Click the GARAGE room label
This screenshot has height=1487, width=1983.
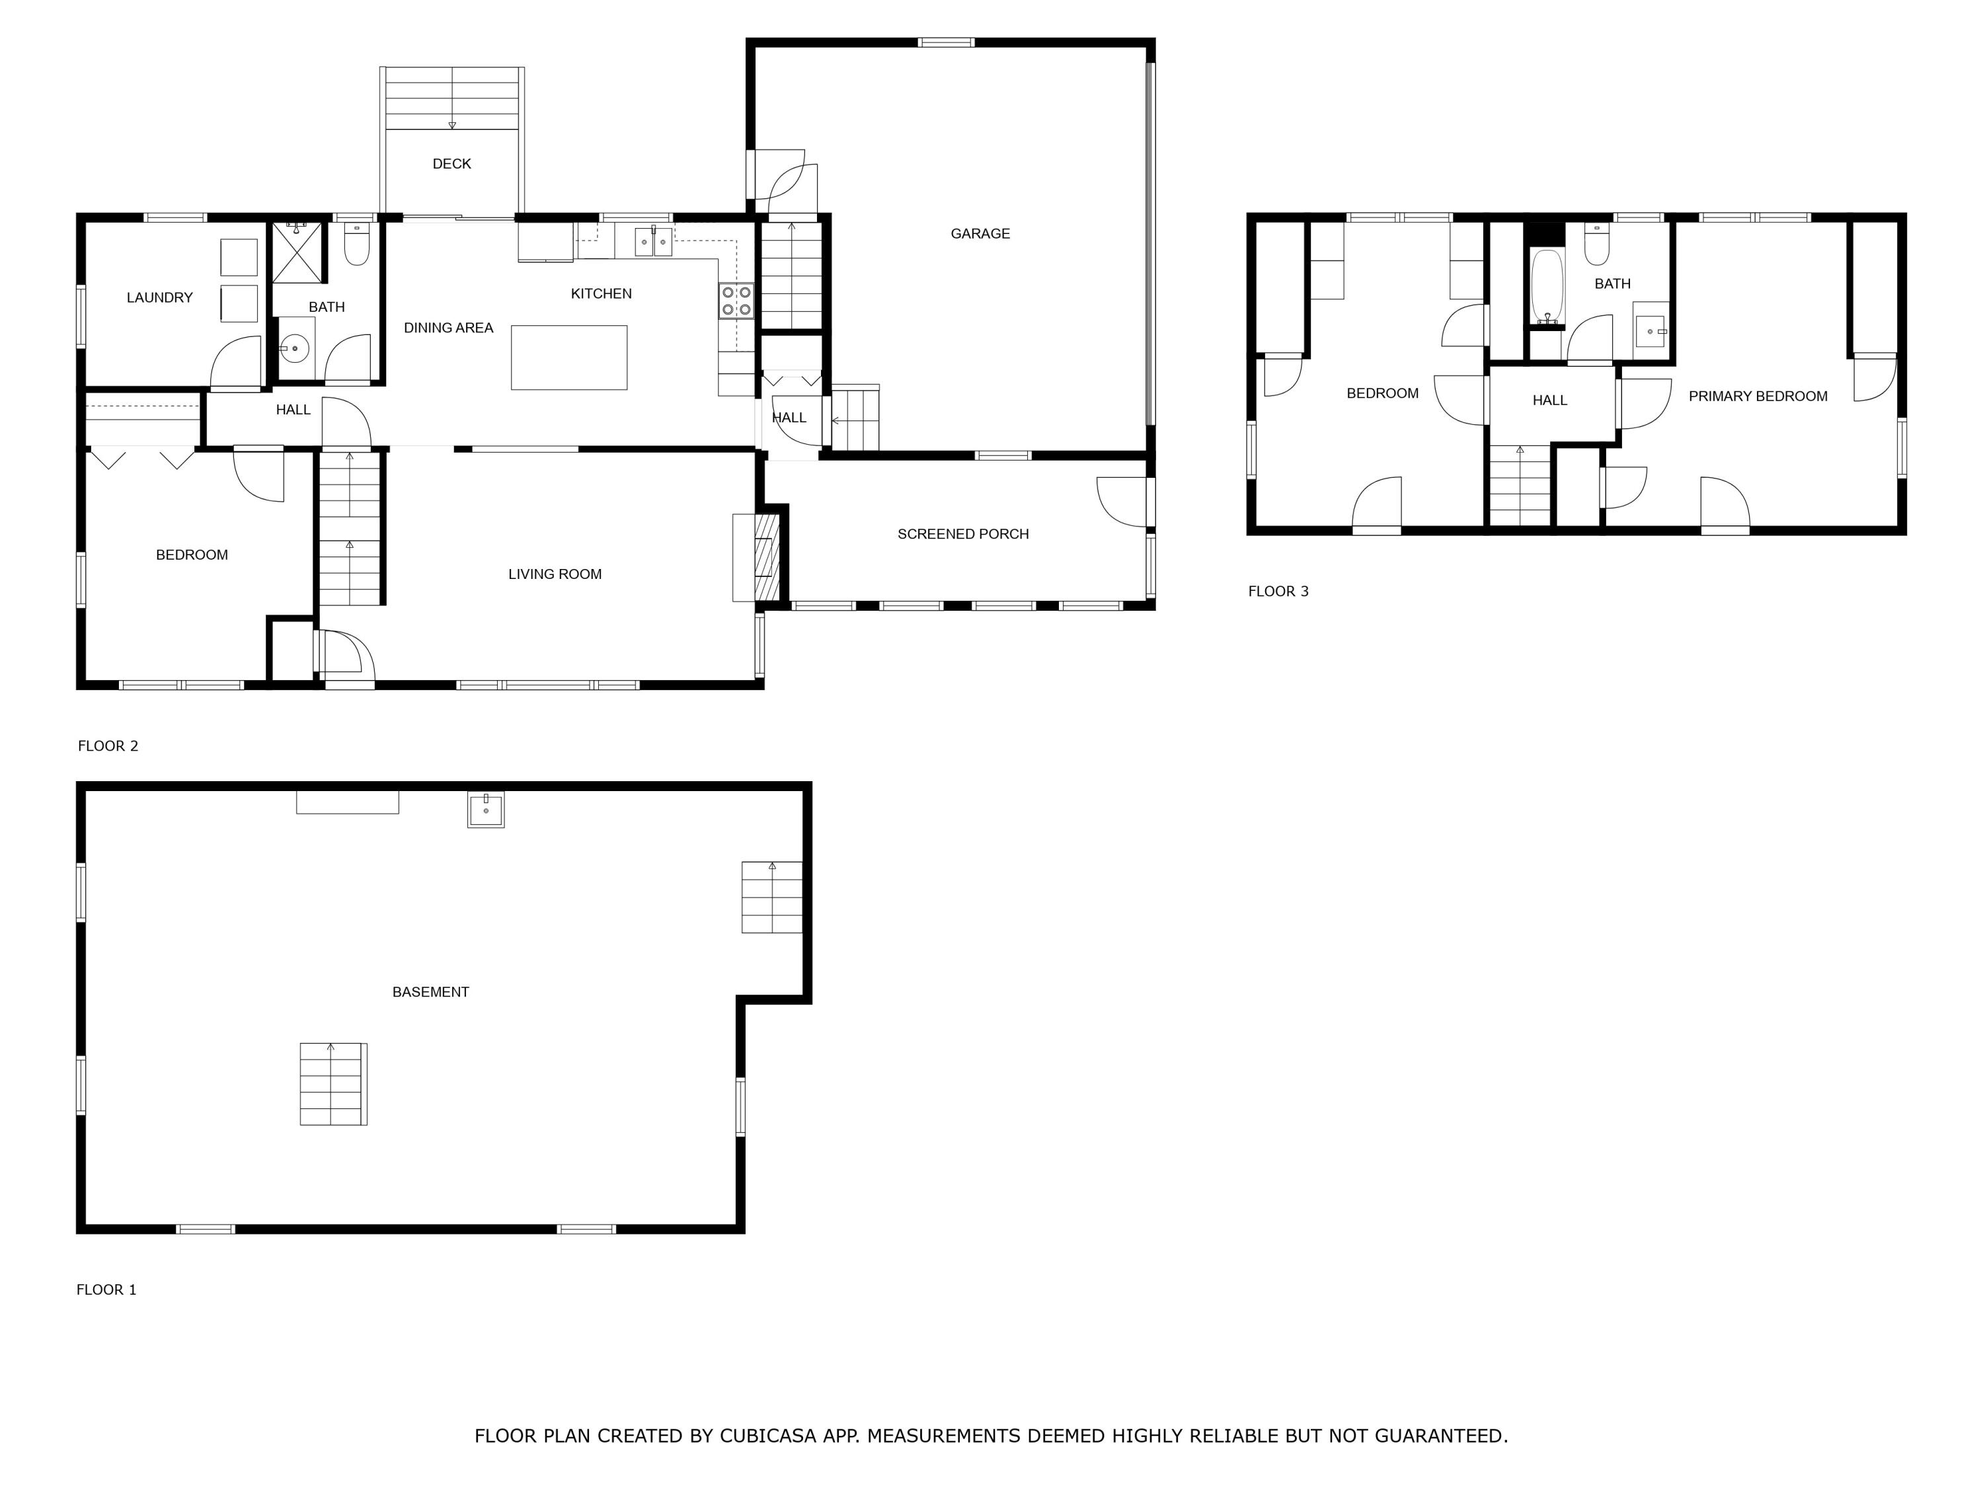pyautogui.click(x=980, y=234)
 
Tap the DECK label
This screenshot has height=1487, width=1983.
pyautogui.click(x=452, y=164)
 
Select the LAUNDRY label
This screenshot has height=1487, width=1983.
pyautogui.click(x=159, y=297)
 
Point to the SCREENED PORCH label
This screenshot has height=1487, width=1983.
pyautogui.click(x=963, y=534)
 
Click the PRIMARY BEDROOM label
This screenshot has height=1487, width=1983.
pyautogui.click(x=1758, y=396)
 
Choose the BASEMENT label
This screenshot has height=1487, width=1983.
pyautogui.click(x=430, y=992)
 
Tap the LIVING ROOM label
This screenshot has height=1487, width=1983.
pyautogui.click(x=555, y=574)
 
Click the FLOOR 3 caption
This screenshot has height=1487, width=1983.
pyautogui.click(x=1278, y=591)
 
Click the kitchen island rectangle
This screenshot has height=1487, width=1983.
pyautogui.click(x=569, y=358)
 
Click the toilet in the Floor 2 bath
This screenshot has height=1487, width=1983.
pyautogui.click(x=357, y=244)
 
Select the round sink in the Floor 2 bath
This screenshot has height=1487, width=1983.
pyautogui.click(x=294, y=348)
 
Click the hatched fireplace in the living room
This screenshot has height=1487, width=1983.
pyautogui.click(x=764, y=558)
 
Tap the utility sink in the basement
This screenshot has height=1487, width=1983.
pyautogui.click(x=486, y=810)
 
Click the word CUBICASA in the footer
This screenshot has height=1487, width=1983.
pyautogui.click(x=768, y=1436)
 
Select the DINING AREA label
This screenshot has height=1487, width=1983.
pyautogui.click(x=448, y=328)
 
